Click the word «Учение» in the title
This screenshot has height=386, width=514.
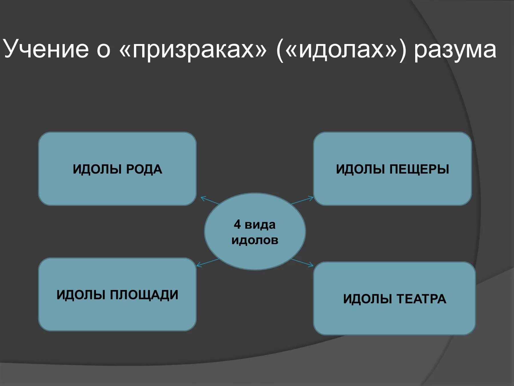46,49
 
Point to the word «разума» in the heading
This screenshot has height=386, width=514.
455,50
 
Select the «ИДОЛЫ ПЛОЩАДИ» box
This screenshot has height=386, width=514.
117,312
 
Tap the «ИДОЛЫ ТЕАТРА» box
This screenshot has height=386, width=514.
394,315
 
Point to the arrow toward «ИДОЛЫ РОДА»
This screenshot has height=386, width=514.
210,200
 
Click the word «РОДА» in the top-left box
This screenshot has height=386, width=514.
144,169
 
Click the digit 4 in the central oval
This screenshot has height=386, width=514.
237,224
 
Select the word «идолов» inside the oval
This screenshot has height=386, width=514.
255,240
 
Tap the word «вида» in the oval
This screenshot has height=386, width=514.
260,225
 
